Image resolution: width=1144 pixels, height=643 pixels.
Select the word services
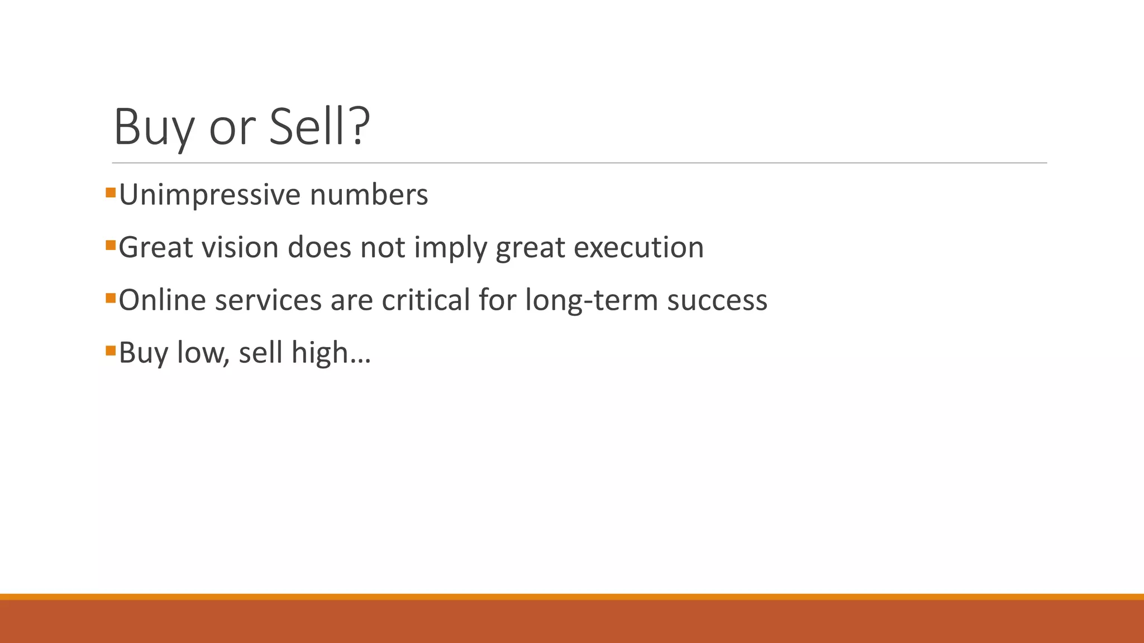[268, 300]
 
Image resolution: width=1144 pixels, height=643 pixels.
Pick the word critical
[426, 300]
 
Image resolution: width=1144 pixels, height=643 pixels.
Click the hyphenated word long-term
[592, 300]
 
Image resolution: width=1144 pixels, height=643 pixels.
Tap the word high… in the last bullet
[331, 353]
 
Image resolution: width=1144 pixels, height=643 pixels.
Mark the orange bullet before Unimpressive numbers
[111, 193]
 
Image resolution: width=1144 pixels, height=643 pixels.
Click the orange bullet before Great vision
[111, 246]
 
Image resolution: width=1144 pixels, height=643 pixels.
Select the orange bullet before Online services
[111, 298]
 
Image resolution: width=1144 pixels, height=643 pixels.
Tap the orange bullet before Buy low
[111, 351]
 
